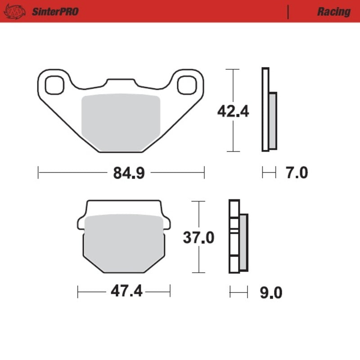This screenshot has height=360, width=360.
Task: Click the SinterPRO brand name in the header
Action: pyautogui.click(x=55, y=11)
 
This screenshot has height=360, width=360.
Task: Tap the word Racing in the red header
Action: pyautogui.click(x=333, y=12)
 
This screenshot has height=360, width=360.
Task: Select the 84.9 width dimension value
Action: pyautogui.click(x=122, y=173)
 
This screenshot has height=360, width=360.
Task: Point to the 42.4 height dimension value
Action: pyautogui.click(x=233, y=111)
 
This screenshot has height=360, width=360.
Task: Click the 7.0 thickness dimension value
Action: pyautogui.click(x=297, y=173)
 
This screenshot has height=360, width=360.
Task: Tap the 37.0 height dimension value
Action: pyautogui.click(x=198, y=237)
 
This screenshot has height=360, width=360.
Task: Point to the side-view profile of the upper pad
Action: pyautogui.click(x=269, y=110)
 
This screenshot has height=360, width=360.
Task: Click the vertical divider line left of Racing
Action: pyautogui.click(x=288, y=12)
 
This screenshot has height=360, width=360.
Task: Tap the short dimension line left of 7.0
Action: pyautogui.click(x=269, y=172)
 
